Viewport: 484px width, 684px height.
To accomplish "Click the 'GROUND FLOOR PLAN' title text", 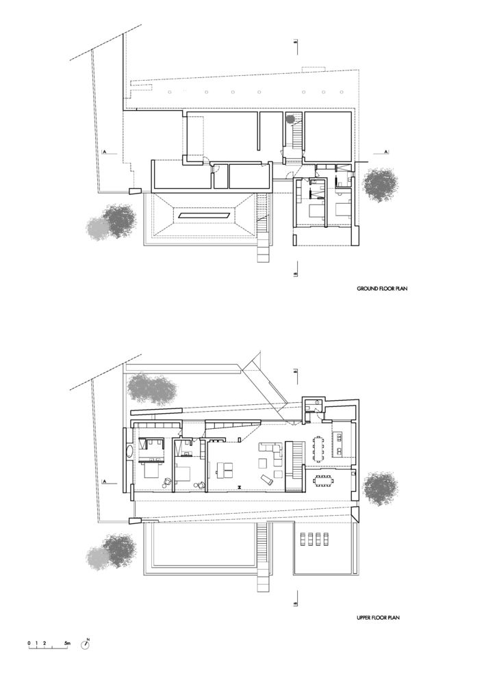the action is point(382,289).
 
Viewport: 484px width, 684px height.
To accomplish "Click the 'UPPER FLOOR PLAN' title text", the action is point(378,617).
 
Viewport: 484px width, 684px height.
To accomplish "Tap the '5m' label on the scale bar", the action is point(67,643).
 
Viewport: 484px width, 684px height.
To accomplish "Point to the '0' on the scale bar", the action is point(29,643).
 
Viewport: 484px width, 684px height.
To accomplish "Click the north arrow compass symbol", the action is point(85,645).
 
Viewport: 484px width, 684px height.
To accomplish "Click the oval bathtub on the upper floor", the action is point(129,451).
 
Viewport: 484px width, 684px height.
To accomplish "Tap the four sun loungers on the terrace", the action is point(311,539).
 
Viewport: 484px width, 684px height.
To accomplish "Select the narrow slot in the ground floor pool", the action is point(204,215).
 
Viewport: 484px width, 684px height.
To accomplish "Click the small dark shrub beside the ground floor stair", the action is point(291,118).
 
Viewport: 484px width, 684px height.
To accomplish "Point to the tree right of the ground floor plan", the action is point(381,185).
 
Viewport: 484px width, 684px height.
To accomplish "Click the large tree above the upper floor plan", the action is point(152,388).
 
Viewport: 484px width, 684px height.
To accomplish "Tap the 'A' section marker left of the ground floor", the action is point(104,152).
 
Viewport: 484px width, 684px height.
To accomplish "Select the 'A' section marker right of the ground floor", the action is point(386,151).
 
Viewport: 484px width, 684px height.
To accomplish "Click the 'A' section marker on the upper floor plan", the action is point(104,481).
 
